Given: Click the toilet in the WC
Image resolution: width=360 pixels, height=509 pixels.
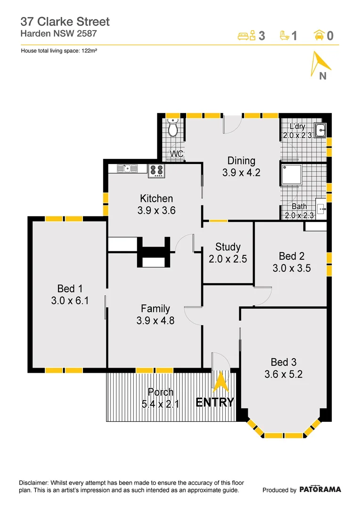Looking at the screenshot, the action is tap(172, 127).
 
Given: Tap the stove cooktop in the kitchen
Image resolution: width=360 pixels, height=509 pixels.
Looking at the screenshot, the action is tap(156, 171).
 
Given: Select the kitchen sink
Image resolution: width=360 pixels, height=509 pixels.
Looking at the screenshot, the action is tap(127, 168).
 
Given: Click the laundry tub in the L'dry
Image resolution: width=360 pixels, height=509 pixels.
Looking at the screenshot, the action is tap(320, 131).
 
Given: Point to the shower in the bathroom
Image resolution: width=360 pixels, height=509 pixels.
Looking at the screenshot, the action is tap(292, 175).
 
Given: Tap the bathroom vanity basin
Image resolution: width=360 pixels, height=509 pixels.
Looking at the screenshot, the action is tap(321, 209).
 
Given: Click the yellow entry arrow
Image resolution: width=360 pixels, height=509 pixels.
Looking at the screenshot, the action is tap(221, 382).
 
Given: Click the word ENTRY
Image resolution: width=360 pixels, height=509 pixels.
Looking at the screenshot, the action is tap(214, 402).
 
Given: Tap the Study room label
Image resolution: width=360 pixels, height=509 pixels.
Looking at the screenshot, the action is tap(228, 246).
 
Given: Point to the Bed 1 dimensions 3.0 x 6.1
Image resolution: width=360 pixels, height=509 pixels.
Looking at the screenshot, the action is tap(70, 301).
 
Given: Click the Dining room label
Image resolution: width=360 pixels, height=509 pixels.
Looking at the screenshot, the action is tap(241, 161).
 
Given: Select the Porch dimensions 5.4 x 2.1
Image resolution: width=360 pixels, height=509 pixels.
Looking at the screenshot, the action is tap(160, 404).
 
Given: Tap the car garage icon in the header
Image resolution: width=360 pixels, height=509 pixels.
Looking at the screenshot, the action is tap(319, 35).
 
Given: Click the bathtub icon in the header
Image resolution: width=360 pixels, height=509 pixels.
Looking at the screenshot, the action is tap(284, 35).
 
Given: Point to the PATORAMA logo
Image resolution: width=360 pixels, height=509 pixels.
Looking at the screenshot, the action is tap(320, 490).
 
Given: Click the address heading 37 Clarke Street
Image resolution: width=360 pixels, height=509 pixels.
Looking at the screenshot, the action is tap(65, 21).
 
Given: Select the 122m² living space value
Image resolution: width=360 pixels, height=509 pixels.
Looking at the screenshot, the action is tap(89, 50).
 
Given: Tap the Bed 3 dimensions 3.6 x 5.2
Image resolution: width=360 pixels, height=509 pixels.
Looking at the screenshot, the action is tap(283, 374).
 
